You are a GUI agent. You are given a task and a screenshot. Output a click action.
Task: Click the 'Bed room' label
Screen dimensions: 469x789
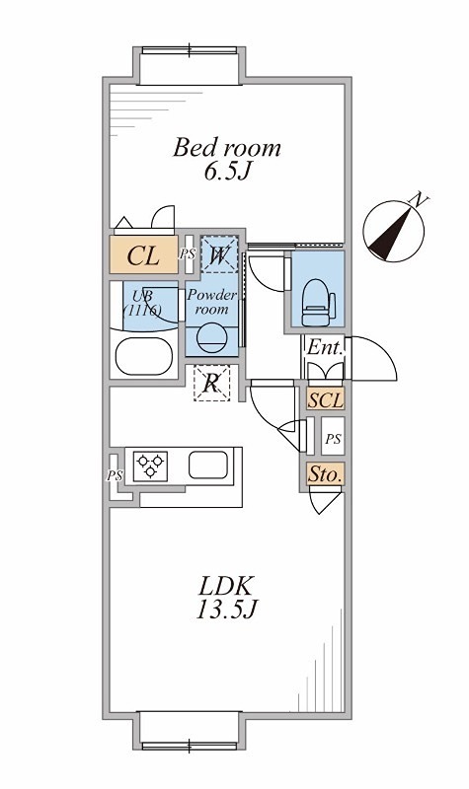coord(227,148)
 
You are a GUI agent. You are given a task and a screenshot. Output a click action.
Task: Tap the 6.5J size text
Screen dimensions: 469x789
coord(228,172)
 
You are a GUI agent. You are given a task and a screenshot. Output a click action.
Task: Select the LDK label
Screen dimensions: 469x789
coord(225,586)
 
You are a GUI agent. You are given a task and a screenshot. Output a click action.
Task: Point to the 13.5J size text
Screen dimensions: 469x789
coord(227,610)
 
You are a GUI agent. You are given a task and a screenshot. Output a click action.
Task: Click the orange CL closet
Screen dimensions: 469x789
coord(144,254)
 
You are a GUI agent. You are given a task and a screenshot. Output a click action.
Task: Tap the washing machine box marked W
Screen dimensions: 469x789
coord(219,254)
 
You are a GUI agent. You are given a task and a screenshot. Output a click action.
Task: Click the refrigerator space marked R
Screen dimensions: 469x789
coord(211,384)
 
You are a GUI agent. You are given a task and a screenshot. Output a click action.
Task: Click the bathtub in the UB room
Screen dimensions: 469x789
coord(144,356)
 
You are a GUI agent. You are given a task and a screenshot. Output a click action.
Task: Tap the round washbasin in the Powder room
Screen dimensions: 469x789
coord(211,337)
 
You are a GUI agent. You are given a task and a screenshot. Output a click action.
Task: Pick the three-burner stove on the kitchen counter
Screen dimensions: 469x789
coord(150,466)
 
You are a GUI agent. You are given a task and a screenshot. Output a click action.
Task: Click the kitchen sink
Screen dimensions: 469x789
coord(208,465)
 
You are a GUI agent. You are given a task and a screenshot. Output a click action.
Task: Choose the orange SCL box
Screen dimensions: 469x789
coord(326,399)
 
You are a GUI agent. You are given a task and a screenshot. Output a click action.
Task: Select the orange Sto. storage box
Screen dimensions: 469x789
coord(326,474)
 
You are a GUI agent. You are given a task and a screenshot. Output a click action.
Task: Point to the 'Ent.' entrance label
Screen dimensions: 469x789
coord(325,347)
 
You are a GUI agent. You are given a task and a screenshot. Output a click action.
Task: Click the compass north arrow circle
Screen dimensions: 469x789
coord(393,231)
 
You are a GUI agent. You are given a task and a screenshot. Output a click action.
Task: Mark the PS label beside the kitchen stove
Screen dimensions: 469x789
coord(115,475)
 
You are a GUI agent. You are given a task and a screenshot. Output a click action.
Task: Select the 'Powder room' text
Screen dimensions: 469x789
coord(211,302)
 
